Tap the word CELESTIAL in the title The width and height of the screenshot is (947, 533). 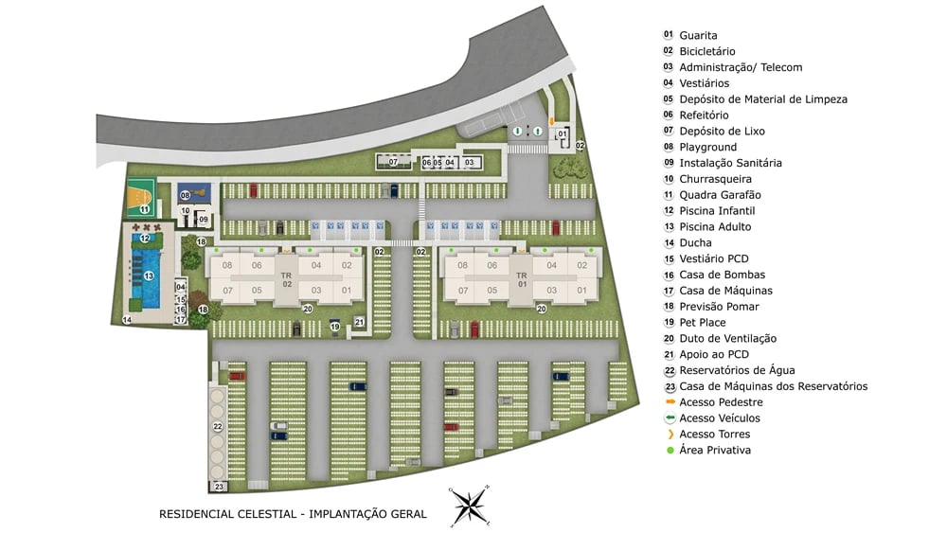pyautogui.click(x=256, y=514)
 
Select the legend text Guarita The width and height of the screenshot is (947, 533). pyautogui.click(x=698, y=35)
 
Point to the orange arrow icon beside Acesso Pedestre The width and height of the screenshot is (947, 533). pyautogui.click(x=669, y=402)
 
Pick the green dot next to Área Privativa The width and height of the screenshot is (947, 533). pyautogui.click(x=669, y=450)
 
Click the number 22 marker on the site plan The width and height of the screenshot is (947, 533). pyautogui.click(x=218, y=428)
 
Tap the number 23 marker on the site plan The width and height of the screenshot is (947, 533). pyautogui.click(x=220, y=487)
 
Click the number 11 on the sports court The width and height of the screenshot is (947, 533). pyautogui.click(x=144, y=208)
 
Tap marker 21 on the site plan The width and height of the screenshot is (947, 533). pyautogui.click(x=359, y=323)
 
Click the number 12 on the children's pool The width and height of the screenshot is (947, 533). pyautogui.click(x=145, y=239)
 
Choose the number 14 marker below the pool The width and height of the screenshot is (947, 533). pyautogui.click(x=127, y=320)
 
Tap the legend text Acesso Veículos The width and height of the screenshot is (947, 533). pyautogui.click(x=720, y=418)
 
